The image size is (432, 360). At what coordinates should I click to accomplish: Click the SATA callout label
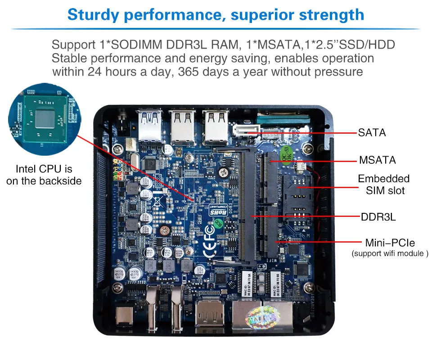(x=372, y=133)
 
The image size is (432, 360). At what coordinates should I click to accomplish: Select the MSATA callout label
(x=377, y=160)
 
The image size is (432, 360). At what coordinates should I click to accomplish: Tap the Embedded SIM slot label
(x=384, y=184)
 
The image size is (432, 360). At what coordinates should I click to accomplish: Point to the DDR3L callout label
(x=378, y=217)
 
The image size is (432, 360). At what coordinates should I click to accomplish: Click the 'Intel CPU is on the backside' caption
(x=44, y=175)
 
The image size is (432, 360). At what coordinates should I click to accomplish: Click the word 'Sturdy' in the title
(x=93, y=14)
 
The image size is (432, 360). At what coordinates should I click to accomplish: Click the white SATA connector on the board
(x=246, y=130)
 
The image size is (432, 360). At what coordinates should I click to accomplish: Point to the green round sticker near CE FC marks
(x=218, y=222)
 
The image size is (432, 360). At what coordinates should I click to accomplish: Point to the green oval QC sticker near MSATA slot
(x=285, y=154)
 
